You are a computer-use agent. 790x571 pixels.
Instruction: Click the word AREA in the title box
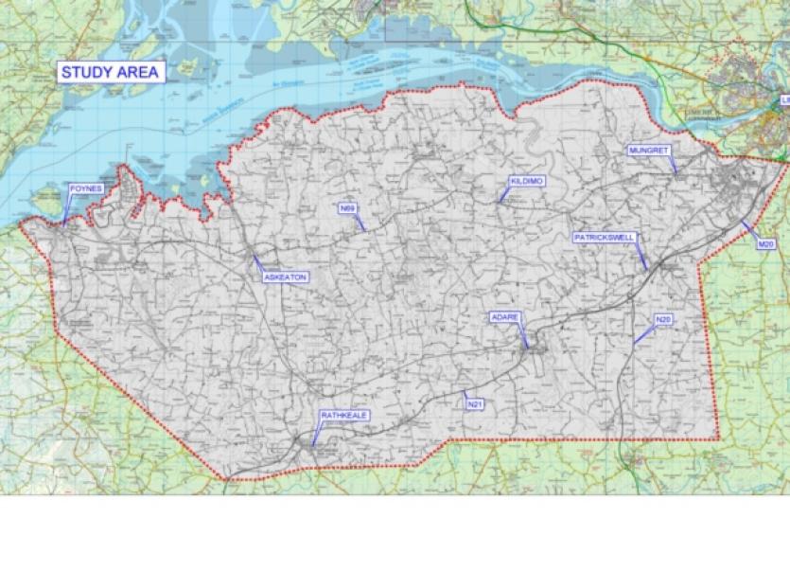(138, 72)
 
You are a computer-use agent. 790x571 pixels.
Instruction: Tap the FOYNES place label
(84, 189)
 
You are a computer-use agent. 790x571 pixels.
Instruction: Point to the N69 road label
(347, 206)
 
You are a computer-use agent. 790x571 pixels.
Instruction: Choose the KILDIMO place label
(527, 180)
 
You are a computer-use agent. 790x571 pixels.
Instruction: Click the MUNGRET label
(650, 151)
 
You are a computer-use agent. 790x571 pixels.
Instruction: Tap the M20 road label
(765, 245)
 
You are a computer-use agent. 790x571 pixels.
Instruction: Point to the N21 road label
(475, 404)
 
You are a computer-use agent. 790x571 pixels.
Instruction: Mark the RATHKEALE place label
(342, 415)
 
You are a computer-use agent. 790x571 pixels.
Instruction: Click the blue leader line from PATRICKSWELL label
(641, 255)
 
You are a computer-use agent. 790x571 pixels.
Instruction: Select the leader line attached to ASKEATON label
(257, 262)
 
